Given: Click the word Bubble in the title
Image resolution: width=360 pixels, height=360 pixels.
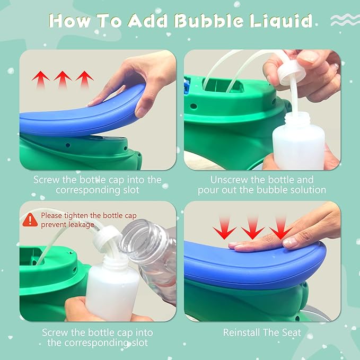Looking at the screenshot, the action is click(x=208, y=21).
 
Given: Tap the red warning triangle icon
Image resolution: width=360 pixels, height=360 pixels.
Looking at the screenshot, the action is click(x=30, y=220).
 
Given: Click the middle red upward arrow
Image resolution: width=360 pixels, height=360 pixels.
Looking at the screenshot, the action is click(x=63, y=80).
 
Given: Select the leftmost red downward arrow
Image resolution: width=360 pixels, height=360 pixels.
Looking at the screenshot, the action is click(x=224, y=227).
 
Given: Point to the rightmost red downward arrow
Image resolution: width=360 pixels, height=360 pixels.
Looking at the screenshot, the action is click(x=281, y=227).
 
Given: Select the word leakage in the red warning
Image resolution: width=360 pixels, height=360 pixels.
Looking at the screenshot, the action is click(x=80, y=225).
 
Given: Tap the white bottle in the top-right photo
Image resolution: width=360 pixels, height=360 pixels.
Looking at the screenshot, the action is click(x=298, y=142).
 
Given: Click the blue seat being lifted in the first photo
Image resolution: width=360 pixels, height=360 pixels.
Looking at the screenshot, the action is click(x=83, y=112).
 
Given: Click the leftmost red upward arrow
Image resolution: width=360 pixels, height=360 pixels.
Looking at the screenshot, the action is click(x=41, y=80).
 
